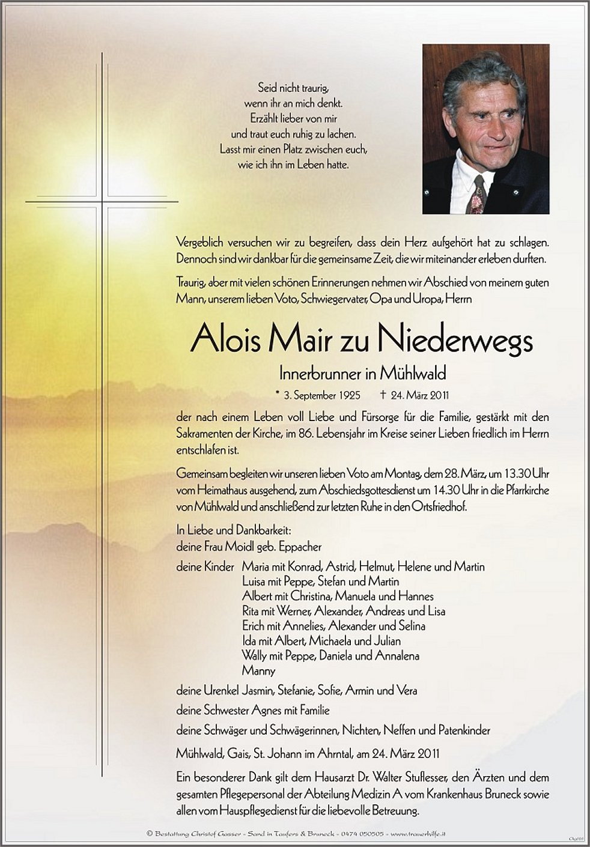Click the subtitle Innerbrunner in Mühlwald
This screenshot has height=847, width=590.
361,374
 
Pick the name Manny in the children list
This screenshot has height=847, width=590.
258,670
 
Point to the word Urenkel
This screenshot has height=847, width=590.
219,690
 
